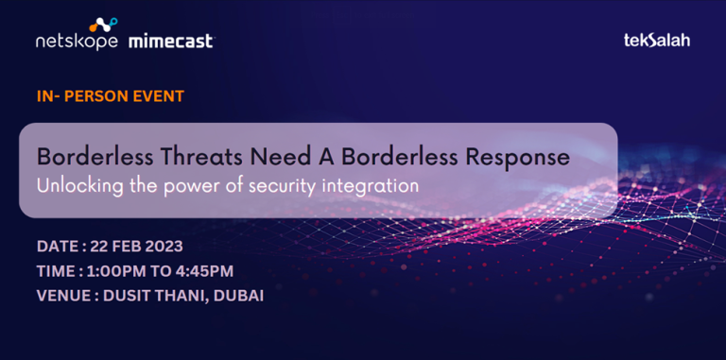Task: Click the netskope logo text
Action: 77,43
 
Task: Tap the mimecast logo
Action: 170,42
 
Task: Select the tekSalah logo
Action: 657,41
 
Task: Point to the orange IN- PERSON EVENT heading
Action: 111,96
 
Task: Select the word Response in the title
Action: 518,154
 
